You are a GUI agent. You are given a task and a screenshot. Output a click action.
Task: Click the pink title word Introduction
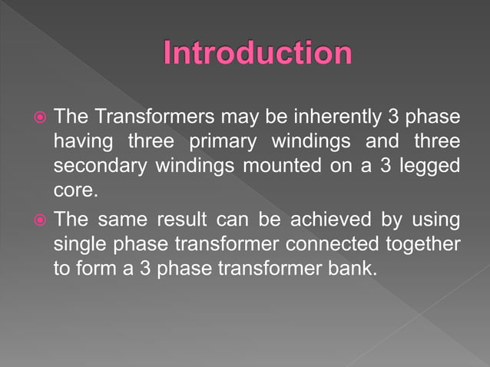pyautogui.click(x=257, y=53)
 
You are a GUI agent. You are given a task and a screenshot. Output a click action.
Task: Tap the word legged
pyautogui.click(x=432, y=167)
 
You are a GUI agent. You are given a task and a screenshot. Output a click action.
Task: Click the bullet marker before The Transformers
pyautogui.click(x=39, y=118)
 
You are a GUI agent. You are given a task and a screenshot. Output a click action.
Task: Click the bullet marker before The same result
pyautogui.click(x=39, y=221)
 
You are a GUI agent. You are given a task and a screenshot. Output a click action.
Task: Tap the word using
pyautogui.click(x=434, y=221)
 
